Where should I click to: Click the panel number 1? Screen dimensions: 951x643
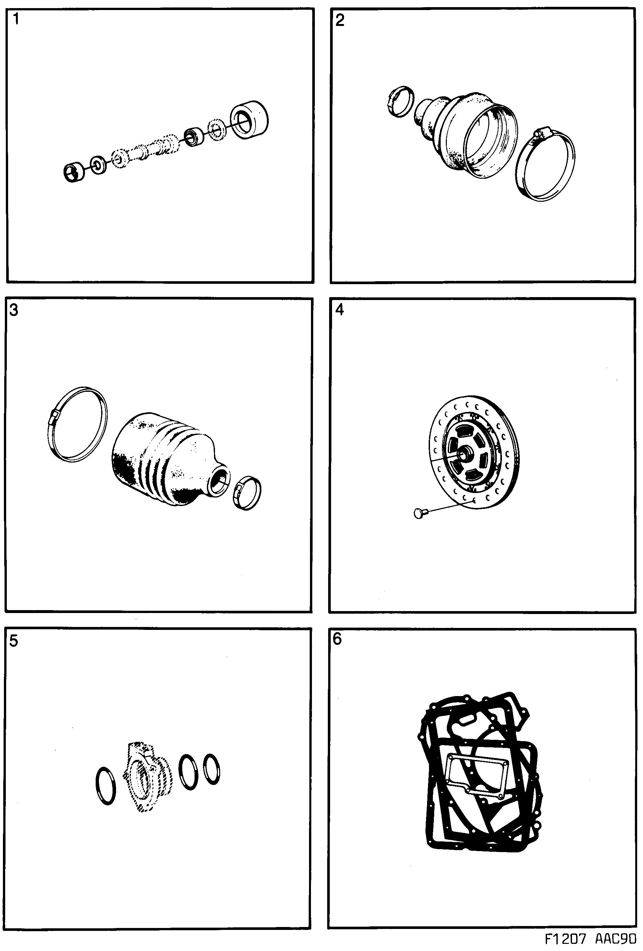16,19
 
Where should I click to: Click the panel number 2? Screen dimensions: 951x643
339,20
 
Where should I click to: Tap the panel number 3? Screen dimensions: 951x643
14,310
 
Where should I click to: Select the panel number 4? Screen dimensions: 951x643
339,310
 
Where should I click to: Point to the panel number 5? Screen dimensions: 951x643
14,641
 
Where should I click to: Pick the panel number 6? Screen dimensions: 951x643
337,639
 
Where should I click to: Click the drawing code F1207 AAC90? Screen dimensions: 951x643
591,938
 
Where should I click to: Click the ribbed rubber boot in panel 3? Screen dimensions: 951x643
164,460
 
